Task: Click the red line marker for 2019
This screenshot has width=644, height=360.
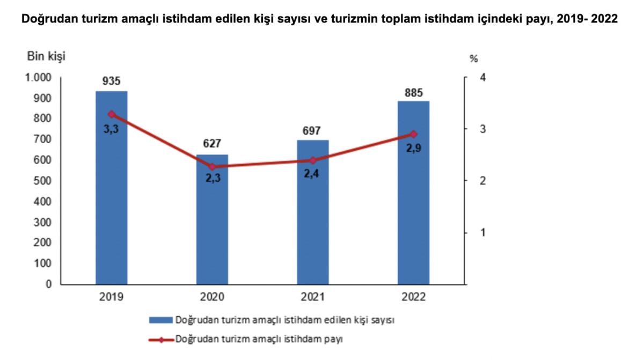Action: click(x=112, y=114)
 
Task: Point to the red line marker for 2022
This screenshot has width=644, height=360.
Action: click(x=413, y=134)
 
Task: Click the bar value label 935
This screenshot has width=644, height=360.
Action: click(x=112, y=82)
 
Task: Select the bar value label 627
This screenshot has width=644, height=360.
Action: click(x=212, y=144)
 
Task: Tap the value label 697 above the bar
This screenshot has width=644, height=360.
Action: click(x=313, y=130)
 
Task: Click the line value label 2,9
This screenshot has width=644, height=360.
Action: click(x=413, y=149)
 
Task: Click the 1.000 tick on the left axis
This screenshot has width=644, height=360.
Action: click(x=38, y=78)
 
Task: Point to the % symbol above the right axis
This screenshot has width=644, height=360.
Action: click(x=473, y=58)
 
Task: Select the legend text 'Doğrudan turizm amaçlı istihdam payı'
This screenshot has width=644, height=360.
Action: click(x=259, y=339)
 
